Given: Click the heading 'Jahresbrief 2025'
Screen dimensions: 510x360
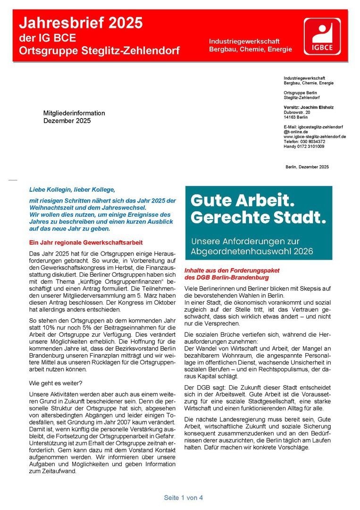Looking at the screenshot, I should (81, 22).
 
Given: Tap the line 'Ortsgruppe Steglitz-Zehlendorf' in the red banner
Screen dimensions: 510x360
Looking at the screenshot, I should (99, 51).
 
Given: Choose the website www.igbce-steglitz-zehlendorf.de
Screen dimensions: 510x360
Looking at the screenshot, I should (315, 136).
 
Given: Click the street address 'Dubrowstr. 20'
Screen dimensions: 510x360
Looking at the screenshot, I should (297, 112).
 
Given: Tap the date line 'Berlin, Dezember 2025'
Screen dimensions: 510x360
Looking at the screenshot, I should (307, 167).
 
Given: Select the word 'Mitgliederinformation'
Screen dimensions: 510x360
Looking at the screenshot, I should (74, 113).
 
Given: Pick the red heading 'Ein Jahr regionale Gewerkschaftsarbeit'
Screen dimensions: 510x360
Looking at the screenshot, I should (86, 242).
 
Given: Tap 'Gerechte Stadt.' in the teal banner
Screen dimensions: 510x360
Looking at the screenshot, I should (258, 218).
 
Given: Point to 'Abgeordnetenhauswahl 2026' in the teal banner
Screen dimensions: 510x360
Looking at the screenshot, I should (251, 251).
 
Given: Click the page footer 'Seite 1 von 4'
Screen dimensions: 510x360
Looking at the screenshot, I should (184, 498).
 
